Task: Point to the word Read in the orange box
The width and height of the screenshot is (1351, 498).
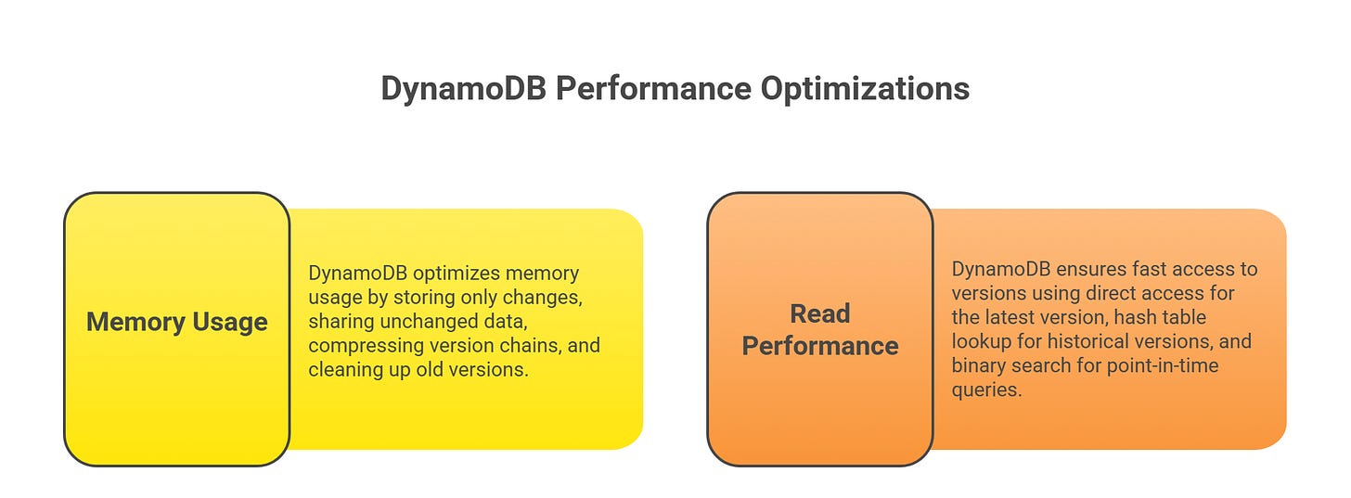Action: pos(819,314)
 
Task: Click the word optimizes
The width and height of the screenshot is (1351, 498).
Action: pos(452,274)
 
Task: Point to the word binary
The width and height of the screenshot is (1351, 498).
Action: pos(978,365)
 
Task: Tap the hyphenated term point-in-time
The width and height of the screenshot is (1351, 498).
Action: pos(1161,365)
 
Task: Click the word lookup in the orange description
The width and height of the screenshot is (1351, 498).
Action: pos(979,341)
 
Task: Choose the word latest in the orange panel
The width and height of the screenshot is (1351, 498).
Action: pos(1008,317)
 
